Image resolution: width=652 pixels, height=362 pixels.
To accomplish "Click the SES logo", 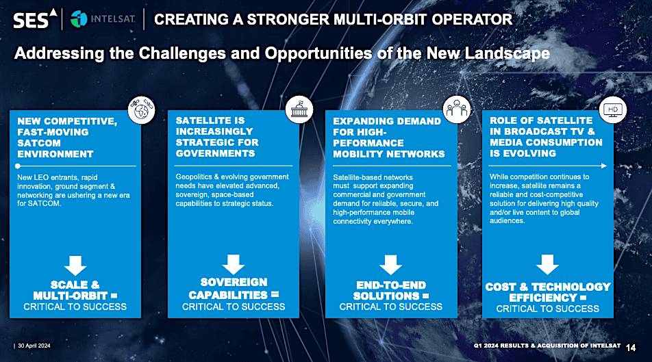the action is pos(35,19).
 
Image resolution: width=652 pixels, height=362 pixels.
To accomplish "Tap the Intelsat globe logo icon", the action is pos(79,19).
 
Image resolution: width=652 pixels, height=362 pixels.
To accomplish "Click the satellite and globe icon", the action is pos(141,110).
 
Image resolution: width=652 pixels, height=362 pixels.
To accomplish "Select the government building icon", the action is pos(299,109).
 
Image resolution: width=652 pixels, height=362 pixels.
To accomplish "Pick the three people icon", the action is pos(457,109).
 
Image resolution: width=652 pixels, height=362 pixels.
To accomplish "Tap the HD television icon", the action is pos(613,109).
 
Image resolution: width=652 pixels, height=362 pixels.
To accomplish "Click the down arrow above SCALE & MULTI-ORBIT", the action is pos(75,266).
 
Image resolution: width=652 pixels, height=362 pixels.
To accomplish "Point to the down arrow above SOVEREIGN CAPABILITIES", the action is pos(234,264).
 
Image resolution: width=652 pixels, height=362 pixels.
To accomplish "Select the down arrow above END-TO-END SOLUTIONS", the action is pos(391,265).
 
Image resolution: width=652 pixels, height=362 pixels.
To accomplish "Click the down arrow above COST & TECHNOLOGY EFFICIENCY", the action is pos(548,264).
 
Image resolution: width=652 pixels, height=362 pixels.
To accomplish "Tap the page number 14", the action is pos(631,348).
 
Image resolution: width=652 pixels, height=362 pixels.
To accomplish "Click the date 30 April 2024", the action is pos(34,346).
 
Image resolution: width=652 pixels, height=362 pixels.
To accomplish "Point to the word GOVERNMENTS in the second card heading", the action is pos(215,153).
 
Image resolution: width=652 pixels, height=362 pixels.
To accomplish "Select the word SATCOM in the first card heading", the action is pos(39,143).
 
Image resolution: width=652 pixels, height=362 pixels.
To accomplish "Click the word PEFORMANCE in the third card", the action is pos(368,143).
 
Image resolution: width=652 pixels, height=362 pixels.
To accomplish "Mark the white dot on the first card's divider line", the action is pos(18,166).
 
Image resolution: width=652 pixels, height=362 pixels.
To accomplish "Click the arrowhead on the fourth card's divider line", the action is pos(604,166).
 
